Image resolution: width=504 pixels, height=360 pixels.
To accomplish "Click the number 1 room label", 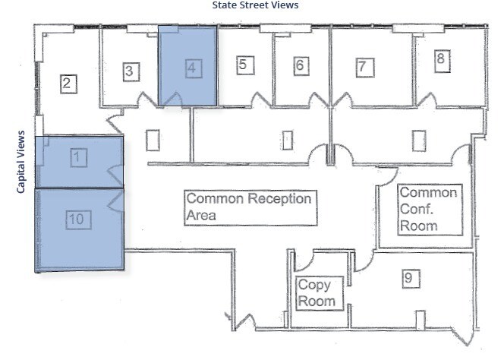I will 78,157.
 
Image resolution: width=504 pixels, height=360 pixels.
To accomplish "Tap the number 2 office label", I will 67,82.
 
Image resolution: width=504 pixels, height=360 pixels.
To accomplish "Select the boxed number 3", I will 130,71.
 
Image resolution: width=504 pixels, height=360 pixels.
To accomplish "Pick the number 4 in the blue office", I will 192,66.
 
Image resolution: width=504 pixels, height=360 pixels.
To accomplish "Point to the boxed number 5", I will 242,65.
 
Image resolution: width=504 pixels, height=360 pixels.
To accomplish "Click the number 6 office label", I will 300,65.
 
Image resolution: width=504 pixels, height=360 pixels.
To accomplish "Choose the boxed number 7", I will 363,66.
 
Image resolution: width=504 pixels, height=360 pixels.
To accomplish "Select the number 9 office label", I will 408,278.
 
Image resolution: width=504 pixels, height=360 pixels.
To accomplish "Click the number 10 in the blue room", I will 78,220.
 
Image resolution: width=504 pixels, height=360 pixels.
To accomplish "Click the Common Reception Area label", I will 250,207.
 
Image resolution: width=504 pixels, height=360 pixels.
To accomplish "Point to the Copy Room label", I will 314,293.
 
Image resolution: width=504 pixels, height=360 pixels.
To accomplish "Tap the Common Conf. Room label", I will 429,209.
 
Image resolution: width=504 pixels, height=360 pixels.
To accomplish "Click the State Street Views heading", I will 254,5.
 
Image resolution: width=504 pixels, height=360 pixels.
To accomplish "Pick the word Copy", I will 313,286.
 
